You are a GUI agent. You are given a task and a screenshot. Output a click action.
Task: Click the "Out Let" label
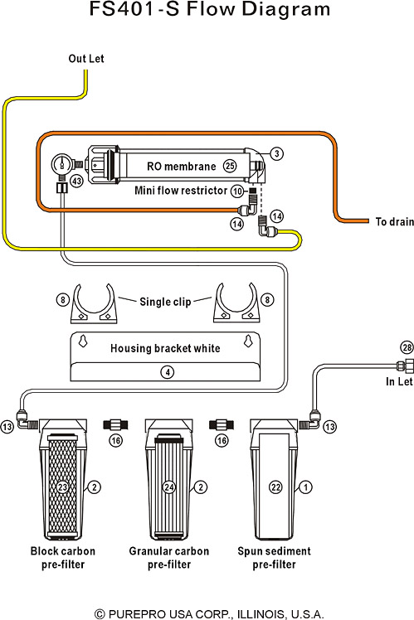tap(86, 59)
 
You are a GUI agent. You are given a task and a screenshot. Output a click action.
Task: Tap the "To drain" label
tap(394, 221)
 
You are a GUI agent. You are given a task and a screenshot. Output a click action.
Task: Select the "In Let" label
tap(399, 381)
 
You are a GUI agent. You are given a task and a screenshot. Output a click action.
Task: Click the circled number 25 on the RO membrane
tap(230, 166)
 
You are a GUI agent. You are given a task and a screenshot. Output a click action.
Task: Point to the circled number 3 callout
tap(276, 153)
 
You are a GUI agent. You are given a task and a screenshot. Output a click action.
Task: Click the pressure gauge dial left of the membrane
tap(61, 163)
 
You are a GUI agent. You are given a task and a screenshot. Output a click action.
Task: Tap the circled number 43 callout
tap(76, 182)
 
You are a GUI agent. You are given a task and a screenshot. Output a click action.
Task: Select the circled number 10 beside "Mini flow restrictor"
tap(237, 191)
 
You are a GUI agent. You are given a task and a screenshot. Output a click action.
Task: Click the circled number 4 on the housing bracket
tap(168, 371)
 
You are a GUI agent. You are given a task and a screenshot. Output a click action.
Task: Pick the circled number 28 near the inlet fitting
tap(407, 347)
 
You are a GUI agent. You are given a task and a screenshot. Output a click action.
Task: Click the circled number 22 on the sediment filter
tap(275, 487)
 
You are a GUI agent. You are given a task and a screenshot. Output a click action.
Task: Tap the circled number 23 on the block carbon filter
tap(62, 487)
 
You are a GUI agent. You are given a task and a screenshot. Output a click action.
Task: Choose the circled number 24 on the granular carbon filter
tap(169, 487)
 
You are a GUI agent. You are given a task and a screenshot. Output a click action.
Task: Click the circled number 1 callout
tap(305, 487)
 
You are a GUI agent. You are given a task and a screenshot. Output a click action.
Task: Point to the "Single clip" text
tap(165, 302)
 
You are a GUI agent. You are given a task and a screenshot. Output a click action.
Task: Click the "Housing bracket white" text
tap(165, 348)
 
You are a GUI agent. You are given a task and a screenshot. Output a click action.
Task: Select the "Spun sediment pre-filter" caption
tap(274, 558)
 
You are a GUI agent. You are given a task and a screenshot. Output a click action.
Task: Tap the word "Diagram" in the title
tap(285, 8)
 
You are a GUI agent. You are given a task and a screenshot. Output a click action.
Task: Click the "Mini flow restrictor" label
tap(181, 191)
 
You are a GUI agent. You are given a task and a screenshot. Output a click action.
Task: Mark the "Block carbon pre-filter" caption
tap(63, 558)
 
